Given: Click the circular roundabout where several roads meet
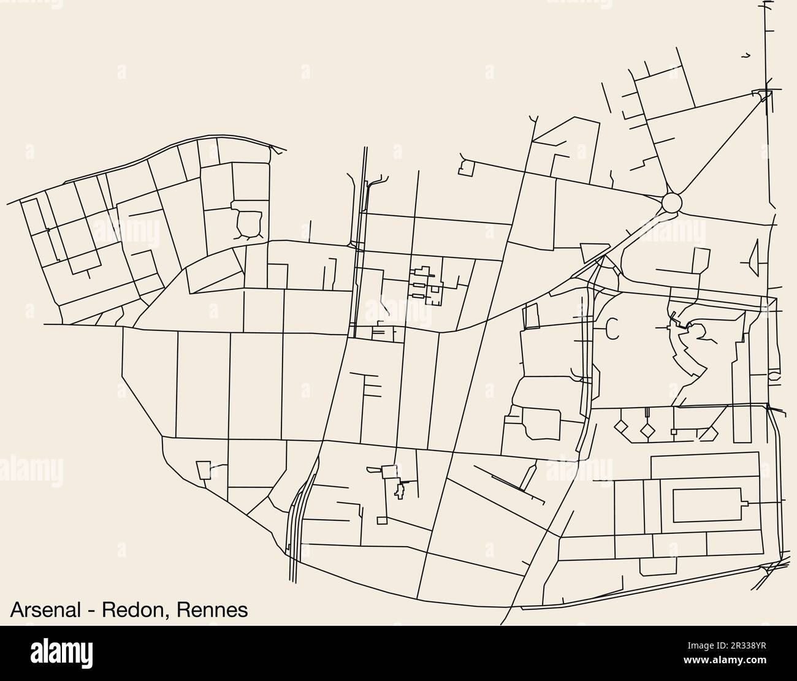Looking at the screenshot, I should click(x=672, y=202).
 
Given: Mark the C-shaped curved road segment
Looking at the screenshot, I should click(x=610, y=329).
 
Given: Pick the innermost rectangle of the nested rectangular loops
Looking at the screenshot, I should click(x=707, y=504).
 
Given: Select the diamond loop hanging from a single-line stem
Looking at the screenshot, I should click(x=622, y=425).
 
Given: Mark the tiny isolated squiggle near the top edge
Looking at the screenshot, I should click(x=746, y=56).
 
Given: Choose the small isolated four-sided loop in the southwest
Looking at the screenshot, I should click(x=203, y=470).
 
